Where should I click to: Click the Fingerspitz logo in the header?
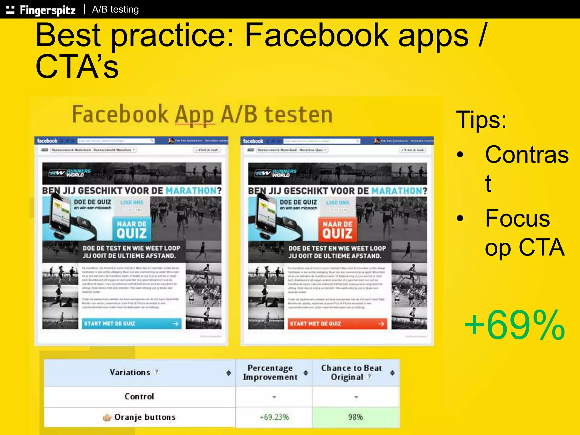click(x=41, y=10)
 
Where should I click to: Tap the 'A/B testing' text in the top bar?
click(x=115, y=10)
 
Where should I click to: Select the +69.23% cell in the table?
click(x=274, y=417)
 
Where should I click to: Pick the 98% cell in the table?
click(x=355, y=417)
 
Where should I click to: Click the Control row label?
click(x=139, y=396)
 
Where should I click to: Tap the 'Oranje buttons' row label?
click(x=145, y=417)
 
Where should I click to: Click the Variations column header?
click(x=130, y=372)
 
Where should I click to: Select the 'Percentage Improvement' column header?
click(x=270, y=372)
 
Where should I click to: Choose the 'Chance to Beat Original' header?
click(x=351, y=372)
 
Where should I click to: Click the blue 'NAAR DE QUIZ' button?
click(x=132, y=230)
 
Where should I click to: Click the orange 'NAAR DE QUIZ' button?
click(x=337, y=230)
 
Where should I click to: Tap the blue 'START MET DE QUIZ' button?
click(x=131, y=324)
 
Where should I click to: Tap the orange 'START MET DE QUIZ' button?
click(x=337, y=324)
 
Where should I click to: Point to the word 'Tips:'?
click(x=481, y=120)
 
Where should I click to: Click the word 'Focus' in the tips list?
click(x=517, y=218)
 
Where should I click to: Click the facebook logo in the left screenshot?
click(x=47, y=141)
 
